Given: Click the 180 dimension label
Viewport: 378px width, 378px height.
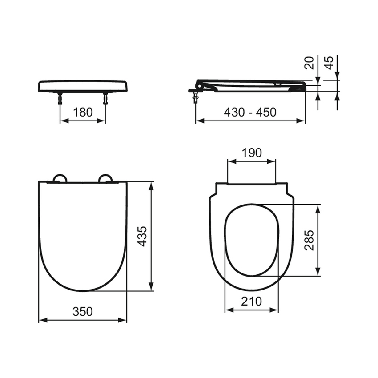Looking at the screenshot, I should click(x=83, y=112).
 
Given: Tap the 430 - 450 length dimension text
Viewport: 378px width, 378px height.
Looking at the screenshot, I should click(x=250, y=112).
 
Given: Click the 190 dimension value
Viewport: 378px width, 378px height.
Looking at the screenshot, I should click(x=251, y=153).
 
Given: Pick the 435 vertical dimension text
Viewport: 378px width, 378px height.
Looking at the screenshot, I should click(x=142, y=236).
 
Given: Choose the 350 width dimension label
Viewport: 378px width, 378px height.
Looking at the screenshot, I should click(x=83, y=311).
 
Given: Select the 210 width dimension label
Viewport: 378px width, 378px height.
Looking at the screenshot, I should click(x=251, y=301).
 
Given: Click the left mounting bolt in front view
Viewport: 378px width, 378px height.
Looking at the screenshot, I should click(x=60, y=99).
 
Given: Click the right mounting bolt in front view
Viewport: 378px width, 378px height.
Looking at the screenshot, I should click(x=105, y=99).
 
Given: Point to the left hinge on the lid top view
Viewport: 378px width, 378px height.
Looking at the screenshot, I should click(x=60, y=178).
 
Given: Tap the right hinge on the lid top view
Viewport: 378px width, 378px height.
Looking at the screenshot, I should click(x=106, y=178).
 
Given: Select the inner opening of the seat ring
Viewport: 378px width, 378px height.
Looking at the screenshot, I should click(x=251, y=240).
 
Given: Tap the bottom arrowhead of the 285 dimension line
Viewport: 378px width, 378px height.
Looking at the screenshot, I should click(x=318, y=273).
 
